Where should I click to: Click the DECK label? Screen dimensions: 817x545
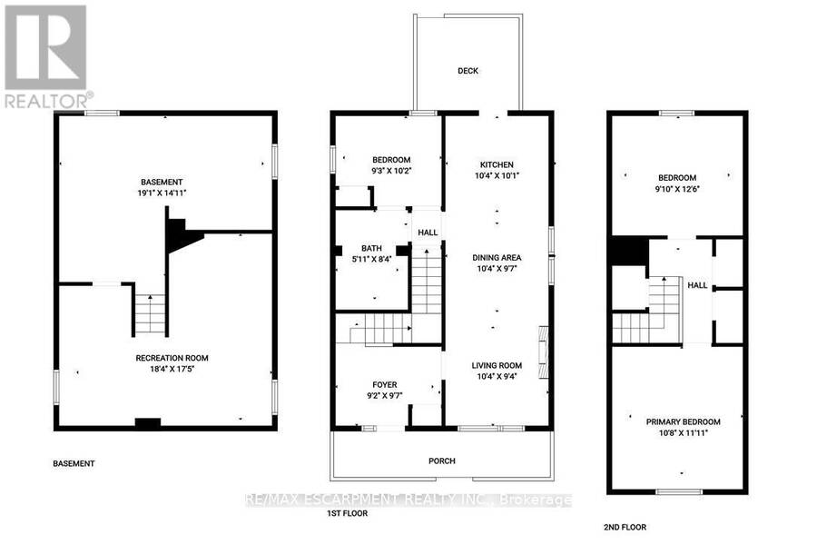468,71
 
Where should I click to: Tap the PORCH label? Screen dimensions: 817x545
442,461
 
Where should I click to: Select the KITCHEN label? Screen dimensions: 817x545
497,164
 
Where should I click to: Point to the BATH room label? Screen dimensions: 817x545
371,248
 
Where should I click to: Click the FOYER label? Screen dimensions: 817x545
385,385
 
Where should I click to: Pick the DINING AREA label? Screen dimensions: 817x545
497,258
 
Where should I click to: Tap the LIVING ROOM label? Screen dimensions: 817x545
497,365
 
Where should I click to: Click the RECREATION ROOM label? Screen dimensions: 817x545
172,358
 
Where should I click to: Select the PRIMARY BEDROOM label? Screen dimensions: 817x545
683,421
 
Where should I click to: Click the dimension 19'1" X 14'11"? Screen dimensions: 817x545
158,193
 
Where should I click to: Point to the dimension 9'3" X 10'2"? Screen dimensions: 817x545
391,171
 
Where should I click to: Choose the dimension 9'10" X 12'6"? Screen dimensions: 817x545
677,189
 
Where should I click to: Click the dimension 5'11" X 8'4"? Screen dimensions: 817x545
371,259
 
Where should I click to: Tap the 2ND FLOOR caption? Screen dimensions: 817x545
625,527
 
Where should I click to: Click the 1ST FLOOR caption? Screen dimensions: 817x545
347,513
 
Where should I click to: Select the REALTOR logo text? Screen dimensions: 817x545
50,101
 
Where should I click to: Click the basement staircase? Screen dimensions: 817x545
150,315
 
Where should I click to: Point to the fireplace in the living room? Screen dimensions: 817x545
543,352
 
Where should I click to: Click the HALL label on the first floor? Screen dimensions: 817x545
428,233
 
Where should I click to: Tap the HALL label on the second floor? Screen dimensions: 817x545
697,285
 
